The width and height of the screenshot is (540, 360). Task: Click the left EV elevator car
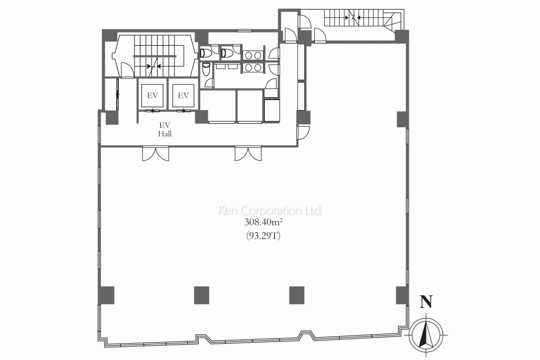point(152,95)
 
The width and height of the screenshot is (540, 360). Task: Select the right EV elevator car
point(183,95)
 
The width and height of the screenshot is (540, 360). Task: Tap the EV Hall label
point(165,130)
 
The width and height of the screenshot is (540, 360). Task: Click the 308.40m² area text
point(264,222)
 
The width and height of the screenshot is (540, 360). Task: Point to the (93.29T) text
point(264,236)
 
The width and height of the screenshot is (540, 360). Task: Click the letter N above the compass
point(426,301)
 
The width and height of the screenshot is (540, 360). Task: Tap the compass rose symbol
point(426,334)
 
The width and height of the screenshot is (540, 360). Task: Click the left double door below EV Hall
point(156,153)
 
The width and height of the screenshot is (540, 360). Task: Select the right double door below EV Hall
point(248,153)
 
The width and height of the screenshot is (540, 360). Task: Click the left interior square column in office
point(201,295)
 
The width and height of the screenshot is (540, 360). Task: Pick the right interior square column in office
point(296,295)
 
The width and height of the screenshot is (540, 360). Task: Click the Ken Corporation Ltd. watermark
point(270,210)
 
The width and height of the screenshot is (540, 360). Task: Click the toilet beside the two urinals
point(206,70)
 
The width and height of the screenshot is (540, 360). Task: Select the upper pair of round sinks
point(253,55)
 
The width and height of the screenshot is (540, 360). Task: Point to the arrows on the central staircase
point(154,66)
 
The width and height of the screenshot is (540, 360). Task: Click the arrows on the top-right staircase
point(353,16)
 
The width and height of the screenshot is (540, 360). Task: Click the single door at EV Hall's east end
point(303,133)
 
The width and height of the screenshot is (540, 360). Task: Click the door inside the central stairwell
point(127,69)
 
